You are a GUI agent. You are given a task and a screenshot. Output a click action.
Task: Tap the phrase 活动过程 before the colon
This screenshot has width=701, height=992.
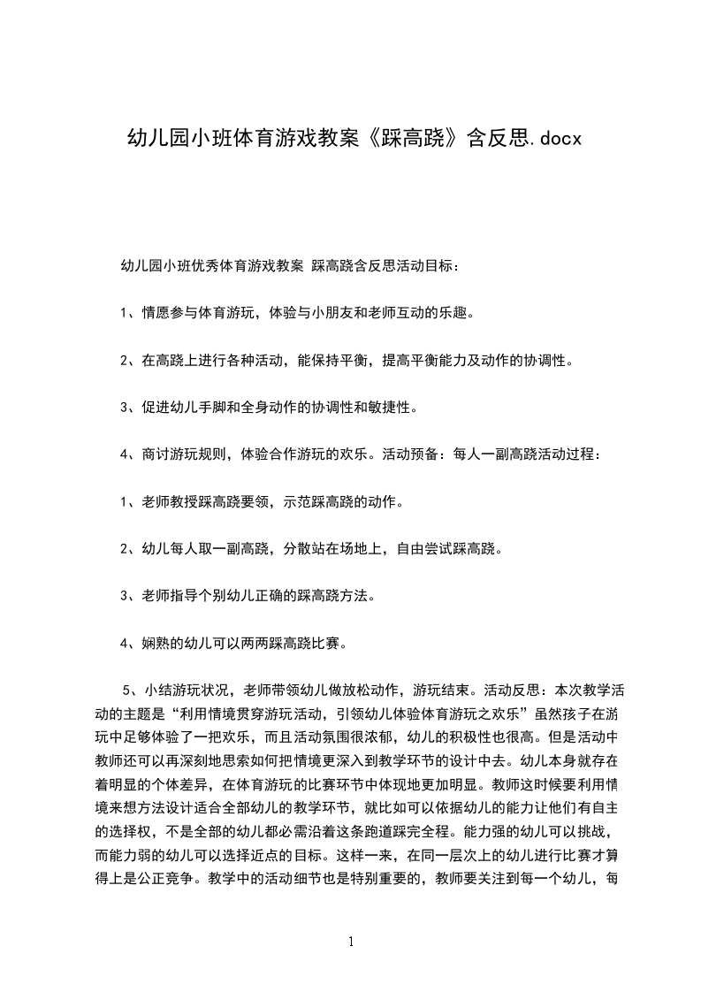pos(567,455)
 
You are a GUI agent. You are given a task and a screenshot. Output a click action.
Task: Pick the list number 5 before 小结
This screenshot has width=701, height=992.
pos(126,691)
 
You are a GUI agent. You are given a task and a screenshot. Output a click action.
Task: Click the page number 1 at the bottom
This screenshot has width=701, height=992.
pos(351,942)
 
